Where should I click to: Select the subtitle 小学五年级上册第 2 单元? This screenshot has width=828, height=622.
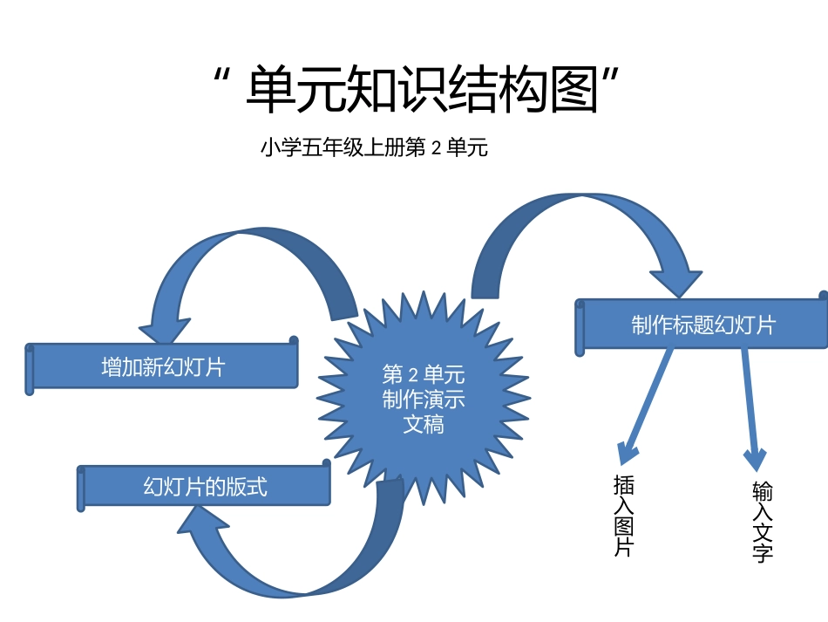click(x=373, y=148)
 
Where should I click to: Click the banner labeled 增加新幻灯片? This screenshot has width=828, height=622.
click(x=163, y=367)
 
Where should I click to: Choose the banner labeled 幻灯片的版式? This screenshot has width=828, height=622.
click(x=206, y=487)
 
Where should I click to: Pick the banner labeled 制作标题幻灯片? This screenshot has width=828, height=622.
click(x=702, y=326)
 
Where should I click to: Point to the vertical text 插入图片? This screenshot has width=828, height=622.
click(x=624, y=515)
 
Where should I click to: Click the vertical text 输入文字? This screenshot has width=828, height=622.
click(x=762, y=522)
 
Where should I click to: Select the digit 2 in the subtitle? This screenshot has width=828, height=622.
click(x=437, y=149)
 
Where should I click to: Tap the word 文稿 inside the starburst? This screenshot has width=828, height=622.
click(x=424, y=425)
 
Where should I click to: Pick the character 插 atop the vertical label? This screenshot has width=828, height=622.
click(x=624, y=484)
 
